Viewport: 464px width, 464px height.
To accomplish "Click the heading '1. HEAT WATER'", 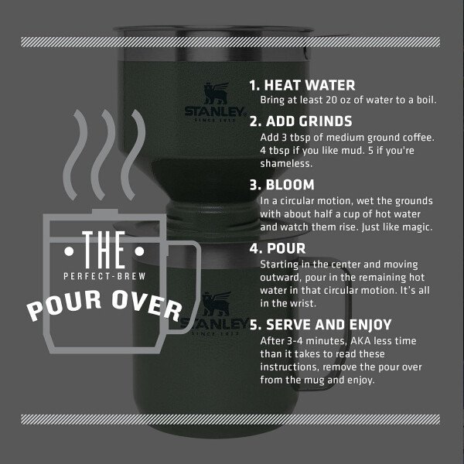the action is click(302, 85).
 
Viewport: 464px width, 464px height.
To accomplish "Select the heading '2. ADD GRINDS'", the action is click(301, 121).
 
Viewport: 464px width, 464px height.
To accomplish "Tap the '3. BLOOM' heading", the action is click(281, 185).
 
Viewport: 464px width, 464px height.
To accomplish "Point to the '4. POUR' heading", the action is click(278, 248).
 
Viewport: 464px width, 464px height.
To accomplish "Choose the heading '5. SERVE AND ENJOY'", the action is click(320, 325).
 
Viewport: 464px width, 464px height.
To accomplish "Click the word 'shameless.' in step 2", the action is click(286, 164).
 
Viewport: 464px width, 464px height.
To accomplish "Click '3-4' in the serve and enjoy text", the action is click(295, 341).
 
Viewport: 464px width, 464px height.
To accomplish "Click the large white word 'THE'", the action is click(104, 250).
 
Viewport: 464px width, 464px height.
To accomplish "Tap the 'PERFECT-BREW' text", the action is click(104, 276).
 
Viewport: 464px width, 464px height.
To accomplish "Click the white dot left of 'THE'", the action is click(69, 251).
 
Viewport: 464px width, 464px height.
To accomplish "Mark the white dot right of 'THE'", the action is click(139, 251).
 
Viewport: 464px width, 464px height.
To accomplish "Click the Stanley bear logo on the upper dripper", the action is click(217, 94).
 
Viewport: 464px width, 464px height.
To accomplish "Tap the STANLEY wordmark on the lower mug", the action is click(215, 324).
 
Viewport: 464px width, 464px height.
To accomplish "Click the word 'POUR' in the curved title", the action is click(64, 305).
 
